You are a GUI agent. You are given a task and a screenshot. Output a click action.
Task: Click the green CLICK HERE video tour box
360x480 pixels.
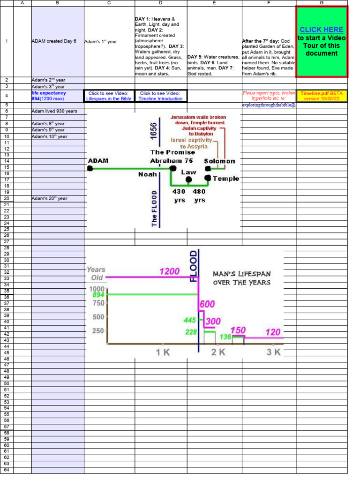322,42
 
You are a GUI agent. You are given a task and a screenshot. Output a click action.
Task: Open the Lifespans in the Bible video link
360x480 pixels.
109,96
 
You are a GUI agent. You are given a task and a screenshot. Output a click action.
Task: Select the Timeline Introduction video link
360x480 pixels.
161,96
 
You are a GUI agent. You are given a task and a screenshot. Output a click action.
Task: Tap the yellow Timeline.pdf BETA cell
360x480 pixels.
322,96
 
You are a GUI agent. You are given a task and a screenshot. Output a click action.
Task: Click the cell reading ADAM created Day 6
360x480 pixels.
53,41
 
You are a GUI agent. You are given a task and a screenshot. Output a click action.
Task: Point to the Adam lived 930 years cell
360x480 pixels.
54,111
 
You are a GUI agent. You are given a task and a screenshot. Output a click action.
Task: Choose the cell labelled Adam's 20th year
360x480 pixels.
49,198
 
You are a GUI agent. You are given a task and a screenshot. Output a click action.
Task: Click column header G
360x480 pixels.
322,3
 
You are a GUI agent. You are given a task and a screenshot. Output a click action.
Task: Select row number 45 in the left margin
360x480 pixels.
7,352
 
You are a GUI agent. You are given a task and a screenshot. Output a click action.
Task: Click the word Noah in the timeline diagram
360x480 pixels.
147,174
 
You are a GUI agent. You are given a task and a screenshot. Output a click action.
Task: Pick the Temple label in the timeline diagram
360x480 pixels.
226,179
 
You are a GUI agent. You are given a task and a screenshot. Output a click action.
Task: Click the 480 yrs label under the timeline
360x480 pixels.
200,195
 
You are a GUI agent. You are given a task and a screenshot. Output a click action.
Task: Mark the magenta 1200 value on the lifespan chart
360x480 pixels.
170,271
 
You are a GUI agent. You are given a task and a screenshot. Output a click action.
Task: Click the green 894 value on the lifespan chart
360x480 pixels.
98,295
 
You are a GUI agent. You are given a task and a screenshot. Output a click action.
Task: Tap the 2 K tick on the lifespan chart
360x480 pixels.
218,352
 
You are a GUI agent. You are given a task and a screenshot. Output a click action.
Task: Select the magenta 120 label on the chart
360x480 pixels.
273,332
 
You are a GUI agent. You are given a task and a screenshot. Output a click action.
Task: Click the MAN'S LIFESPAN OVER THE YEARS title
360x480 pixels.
241,277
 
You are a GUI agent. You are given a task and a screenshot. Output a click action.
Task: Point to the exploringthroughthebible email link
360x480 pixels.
269,105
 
